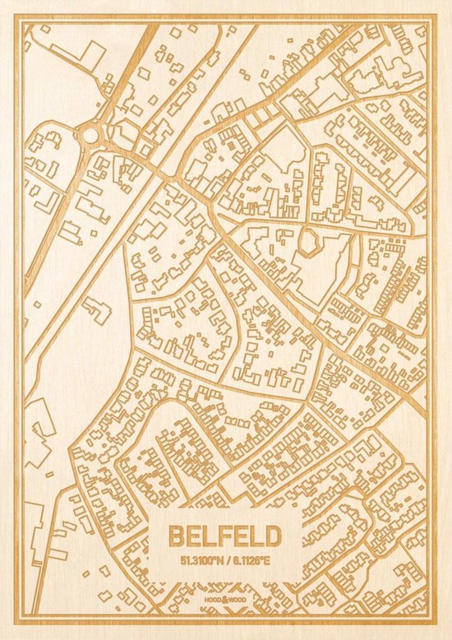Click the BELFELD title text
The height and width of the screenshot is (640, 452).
click(224, 536)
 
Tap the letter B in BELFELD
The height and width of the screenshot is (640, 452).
click(176, 536)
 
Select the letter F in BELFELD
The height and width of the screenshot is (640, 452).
click(225, 536)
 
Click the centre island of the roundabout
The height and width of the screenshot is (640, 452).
click(89, 132)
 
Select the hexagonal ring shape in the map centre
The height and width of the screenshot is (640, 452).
click(309, 241)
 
